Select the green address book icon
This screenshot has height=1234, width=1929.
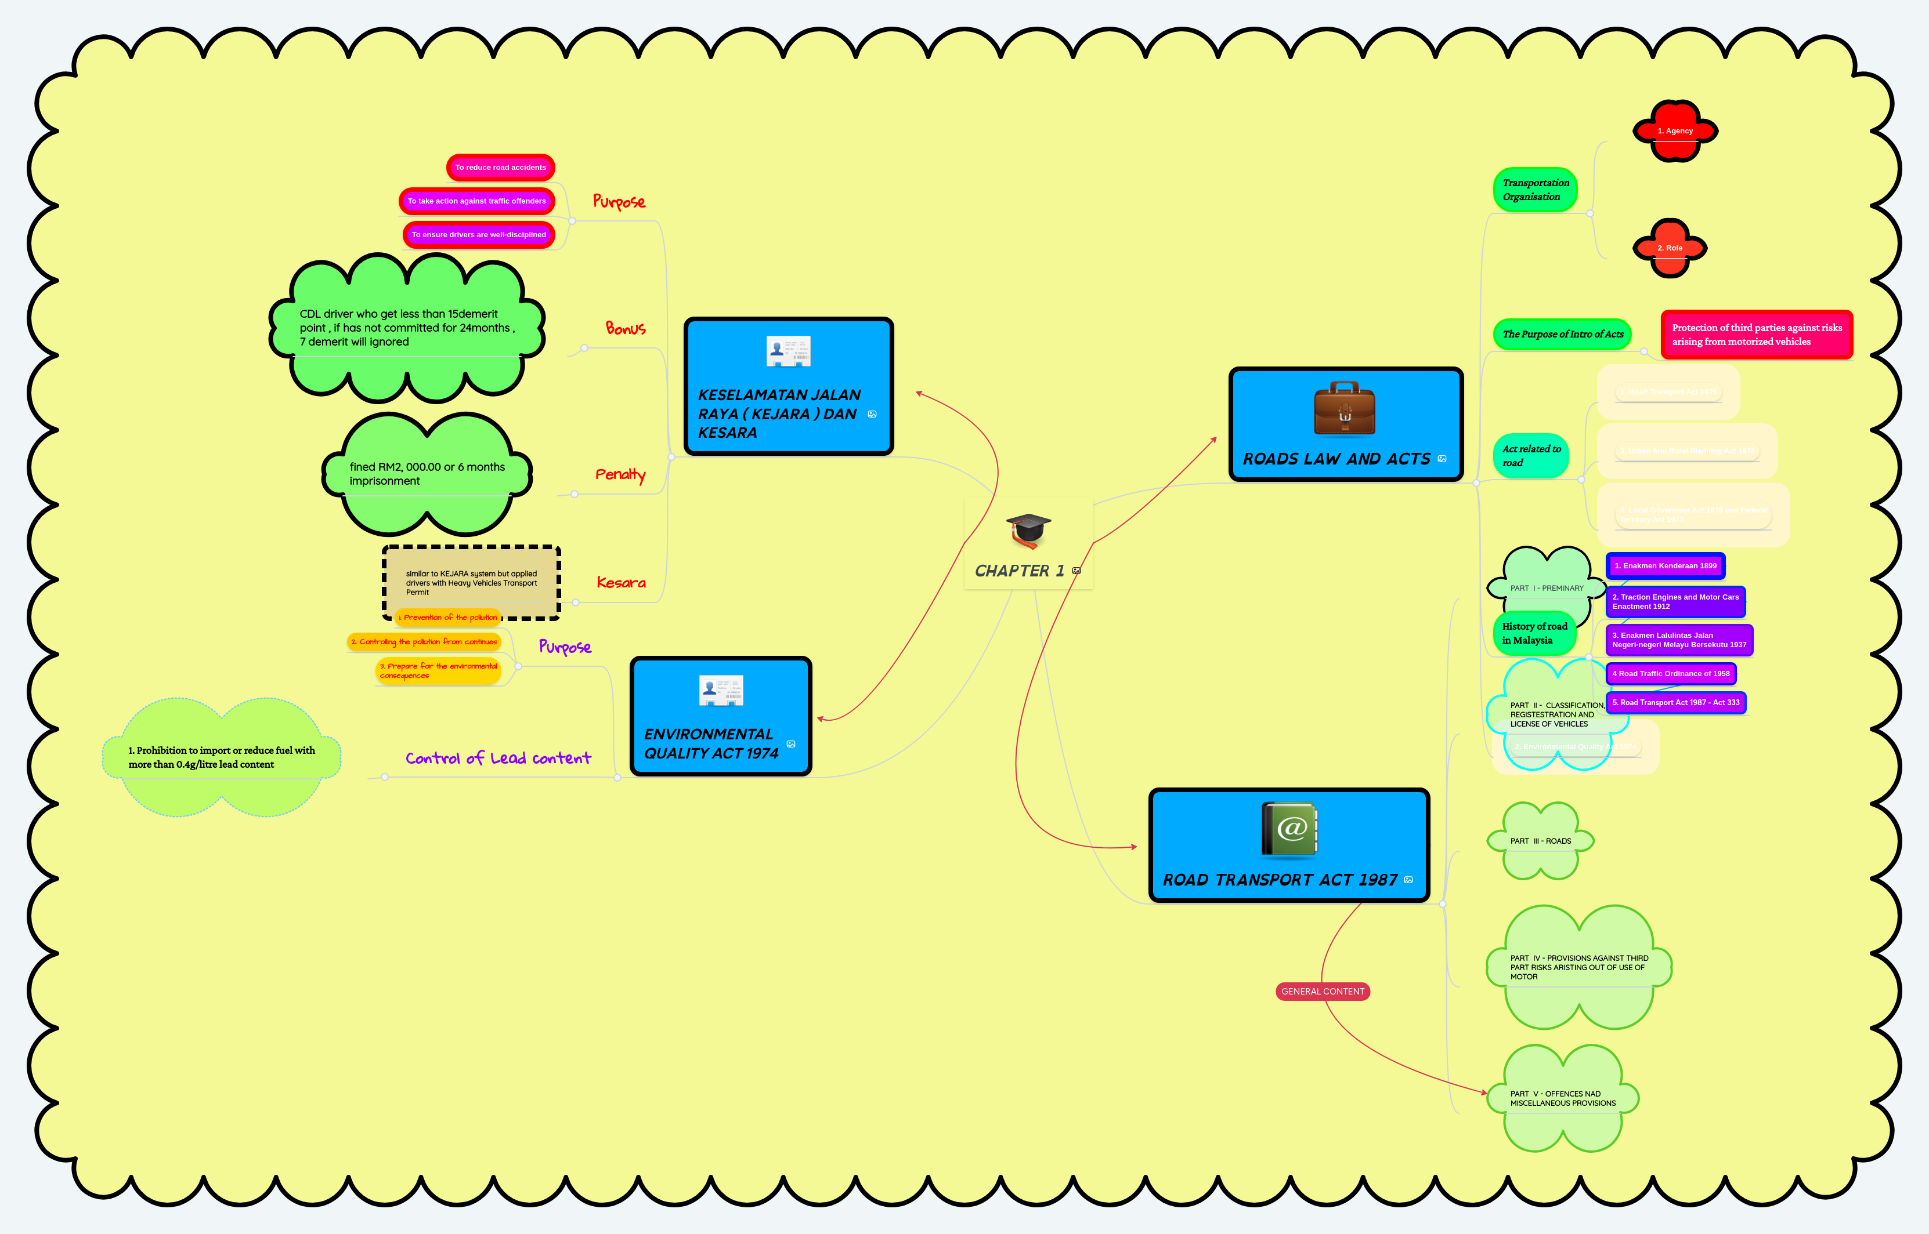(1289, 829)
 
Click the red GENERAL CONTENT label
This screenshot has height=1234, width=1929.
(1322, 991)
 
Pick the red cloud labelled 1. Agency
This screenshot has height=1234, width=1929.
(1675, 130)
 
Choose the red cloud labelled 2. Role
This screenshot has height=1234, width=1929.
(1670, 248)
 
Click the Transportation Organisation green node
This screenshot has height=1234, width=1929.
(1534, 190)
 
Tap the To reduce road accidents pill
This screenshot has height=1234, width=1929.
(500, 168)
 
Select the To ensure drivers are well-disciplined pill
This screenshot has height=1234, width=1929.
(479, 235)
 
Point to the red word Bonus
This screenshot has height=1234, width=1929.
(626, 329)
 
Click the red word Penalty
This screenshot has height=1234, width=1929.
(620, 474)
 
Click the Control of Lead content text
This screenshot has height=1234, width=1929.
(498, 758)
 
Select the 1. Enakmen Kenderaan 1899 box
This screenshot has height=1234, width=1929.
(1665, 566)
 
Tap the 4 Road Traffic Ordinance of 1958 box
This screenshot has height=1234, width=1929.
(1671, 674)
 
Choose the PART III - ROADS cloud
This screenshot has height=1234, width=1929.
(1540, 841)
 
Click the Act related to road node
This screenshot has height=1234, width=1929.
(1530, 456)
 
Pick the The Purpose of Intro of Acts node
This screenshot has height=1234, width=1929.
(1562, 334)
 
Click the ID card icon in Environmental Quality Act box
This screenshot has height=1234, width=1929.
(721, 690)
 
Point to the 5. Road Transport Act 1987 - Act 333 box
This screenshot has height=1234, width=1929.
(1675, 703)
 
